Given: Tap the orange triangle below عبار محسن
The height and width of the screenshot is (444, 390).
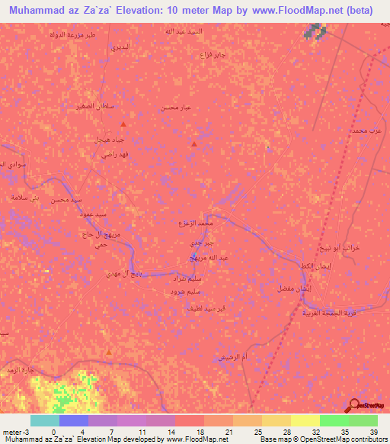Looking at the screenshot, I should [x=195, y=143].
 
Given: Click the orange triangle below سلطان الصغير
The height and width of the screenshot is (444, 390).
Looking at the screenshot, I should [x=123, y=123].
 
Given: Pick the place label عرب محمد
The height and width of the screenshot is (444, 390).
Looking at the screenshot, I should [x=365, y=132].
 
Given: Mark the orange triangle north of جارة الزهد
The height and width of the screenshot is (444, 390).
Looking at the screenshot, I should [x=109, y=352].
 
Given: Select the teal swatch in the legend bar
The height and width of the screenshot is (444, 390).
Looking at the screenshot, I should [x=44, y=420].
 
